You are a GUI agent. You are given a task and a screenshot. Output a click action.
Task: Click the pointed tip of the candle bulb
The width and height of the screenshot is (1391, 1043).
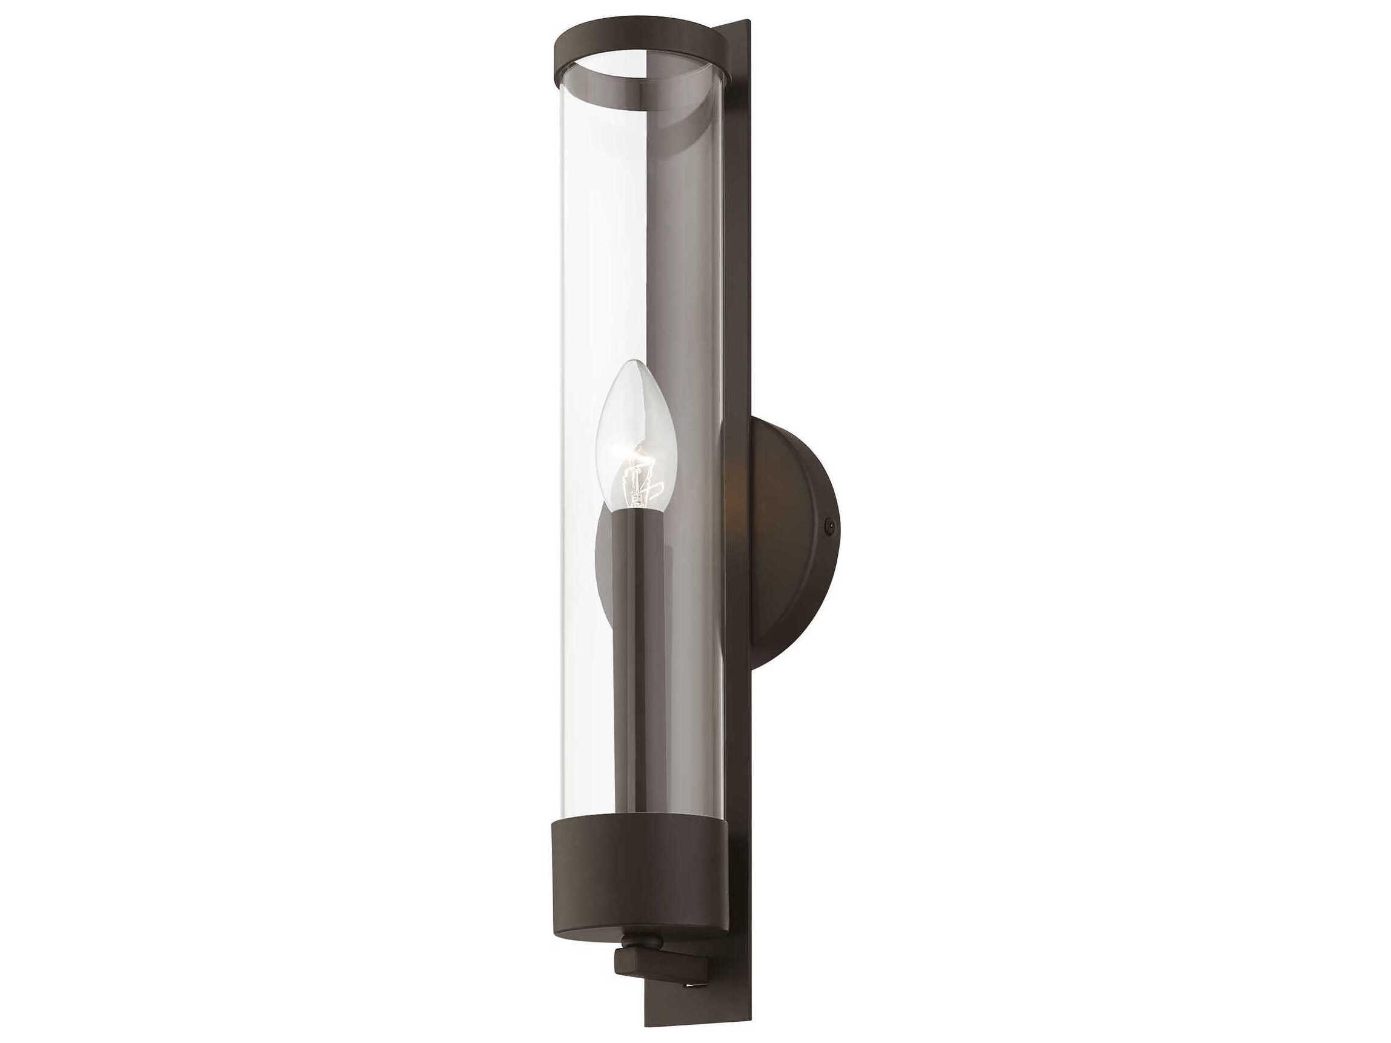coord(636,363)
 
